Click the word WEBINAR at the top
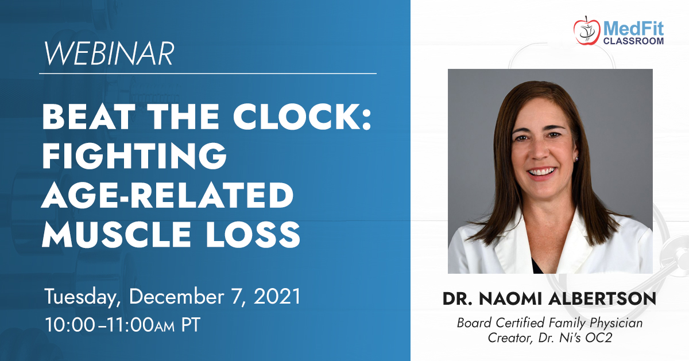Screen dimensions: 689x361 click(109, 53)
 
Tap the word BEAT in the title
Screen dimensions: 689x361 click(88, 117)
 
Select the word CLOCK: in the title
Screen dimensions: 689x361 click(303, 117)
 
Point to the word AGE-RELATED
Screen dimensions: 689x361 click(167, 195)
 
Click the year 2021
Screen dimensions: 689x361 click(277, 296)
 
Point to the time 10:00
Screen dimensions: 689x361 click(70, 325)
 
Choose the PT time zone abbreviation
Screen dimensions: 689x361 click(191, 325)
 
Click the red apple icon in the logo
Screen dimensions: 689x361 click(587, 31)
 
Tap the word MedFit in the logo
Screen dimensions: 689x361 click(633, 29)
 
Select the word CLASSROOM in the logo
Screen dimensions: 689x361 click(633, 41)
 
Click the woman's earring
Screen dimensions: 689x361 click(576, 159)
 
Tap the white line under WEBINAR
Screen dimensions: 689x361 click(208, 73)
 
